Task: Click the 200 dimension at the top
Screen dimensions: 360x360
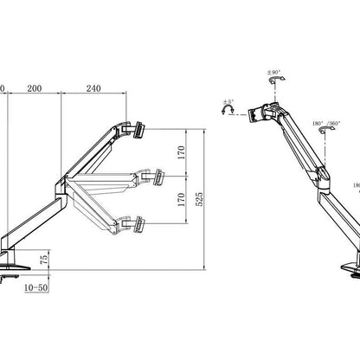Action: (x=35, y=88)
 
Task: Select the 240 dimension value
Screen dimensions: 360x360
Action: (x=93, y=88)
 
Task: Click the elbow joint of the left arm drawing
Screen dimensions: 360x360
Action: (x=61, y=183)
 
